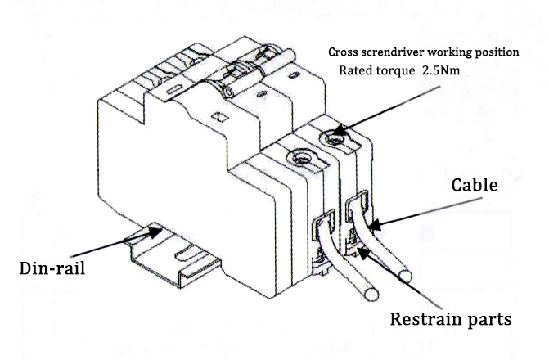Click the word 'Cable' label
click(475, 186)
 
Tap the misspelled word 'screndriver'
click(398, 52)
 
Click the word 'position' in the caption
click(496, 52)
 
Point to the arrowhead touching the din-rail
click(139, 235)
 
